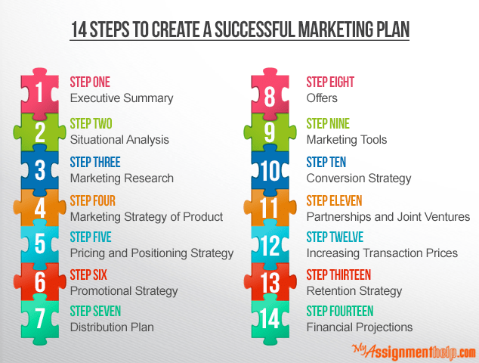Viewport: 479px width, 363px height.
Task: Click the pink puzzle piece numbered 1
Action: coord(40,93)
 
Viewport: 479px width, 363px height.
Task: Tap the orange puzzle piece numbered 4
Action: coord(40,208)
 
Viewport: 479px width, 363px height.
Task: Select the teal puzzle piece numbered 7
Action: coord(40,320)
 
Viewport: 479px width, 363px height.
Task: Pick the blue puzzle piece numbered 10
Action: coord(270,170)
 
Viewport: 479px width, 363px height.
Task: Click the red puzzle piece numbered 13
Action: coord(270,281)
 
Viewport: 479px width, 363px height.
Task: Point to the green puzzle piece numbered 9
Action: coord(270,132)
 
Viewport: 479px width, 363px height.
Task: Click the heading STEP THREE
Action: coord(95,162)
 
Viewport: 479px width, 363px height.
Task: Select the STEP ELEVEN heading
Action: coord(334,201)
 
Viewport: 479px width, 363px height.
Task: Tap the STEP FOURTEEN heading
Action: coord(340,312)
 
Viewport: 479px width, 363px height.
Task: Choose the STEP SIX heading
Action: coord(88,275)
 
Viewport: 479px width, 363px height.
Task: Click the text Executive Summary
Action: coord(122,98)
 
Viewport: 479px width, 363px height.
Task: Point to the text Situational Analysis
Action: coord(119,140)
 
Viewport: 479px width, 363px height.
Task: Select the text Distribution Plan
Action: coord(112,327)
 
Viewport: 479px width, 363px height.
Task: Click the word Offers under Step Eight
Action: coord(322,98)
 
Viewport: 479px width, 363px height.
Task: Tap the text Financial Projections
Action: coord(360,327)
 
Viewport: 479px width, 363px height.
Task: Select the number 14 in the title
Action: coord(79,29)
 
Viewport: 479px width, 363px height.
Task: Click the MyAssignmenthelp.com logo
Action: coord(413,352)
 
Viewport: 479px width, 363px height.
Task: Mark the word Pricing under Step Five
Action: coord(88,253)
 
